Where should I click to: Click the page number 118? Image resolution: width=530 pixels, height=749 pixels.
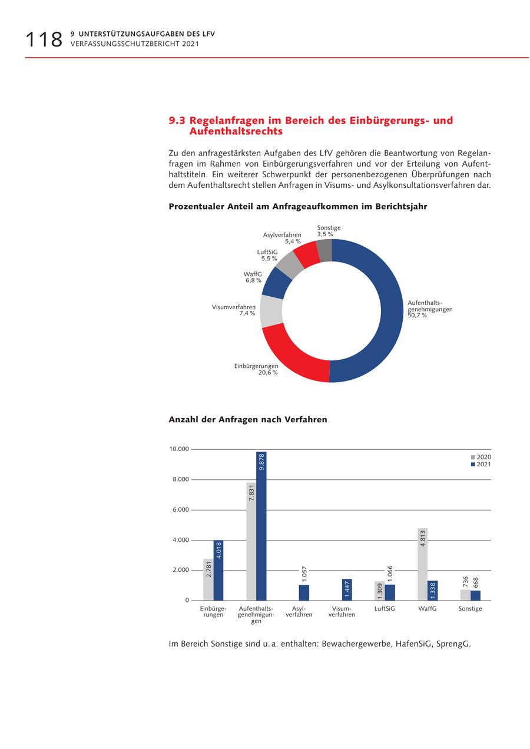[x=44, y=39]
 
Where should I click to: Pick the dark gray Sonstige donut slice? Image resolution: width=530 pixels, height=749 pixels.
[x=325, y=250]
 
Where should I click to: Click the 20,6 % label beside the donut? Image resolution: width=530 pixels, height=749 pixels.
[x=268, y=373]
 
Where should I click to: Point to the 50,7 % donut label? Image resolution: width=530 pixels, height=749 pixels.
[x=417, y=316]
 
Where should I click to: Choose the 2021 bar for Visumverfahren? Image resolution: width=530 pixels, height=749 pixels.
[x=347, y=589]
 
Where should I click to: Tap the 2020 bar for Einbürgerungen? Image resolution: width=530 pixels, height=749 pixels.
[x=208, y=579]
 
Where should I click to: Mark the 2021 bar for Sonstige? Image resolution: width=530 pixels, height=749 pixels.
[x=476, y=595]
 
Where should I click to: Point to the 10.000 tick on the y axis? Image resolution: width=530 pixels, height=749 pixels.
[x=179, y=449]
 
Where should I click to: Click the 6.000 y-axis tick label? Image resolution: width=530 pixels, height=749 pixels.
[x=180, y=510]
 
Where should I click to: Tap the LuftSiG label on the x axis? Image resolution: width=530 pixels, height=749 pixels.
[x=385, y=609]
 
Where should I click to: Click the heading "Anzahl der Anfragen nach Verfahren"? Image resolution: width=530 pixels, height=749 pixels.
[x=247, y=420]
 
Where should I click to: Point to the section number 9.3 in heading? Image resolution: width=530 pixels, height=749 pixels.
[x=177, y=121]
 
